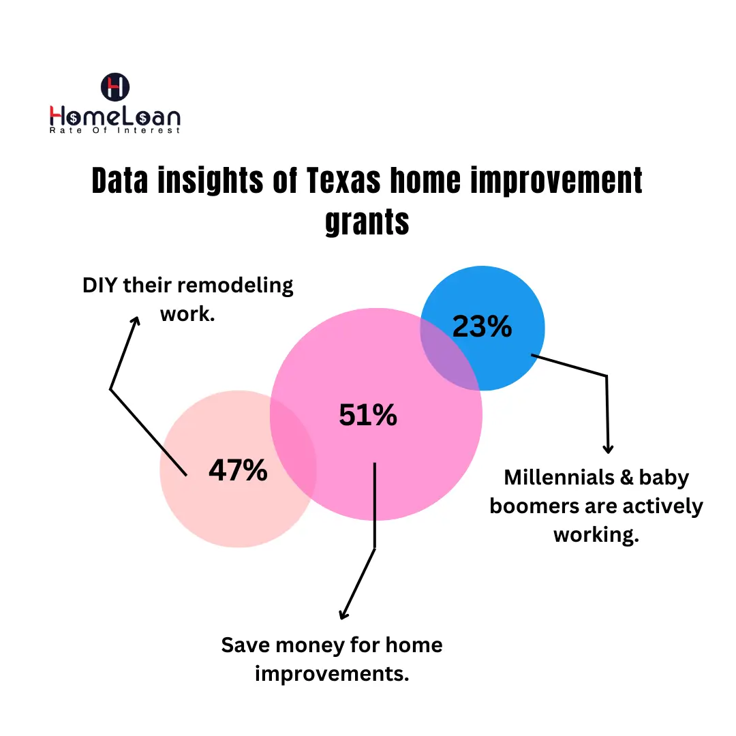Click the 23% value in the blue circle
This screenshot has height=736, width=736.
482,328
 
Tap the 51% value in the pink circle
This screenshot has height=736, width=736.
368,415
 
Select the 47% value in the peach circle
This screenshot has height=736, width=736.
238,470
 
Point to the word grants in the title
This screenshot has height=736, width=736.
367,221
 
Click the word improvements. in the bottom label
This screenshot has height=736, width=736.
332,673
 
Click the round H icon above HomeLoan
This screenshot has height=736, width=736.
115,87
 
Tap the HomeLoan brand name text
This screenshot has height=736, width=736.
115,115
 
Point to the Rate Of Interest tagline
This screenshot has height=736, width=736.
115,130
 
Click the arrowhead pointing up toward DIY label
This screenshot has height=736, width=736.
136,321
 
